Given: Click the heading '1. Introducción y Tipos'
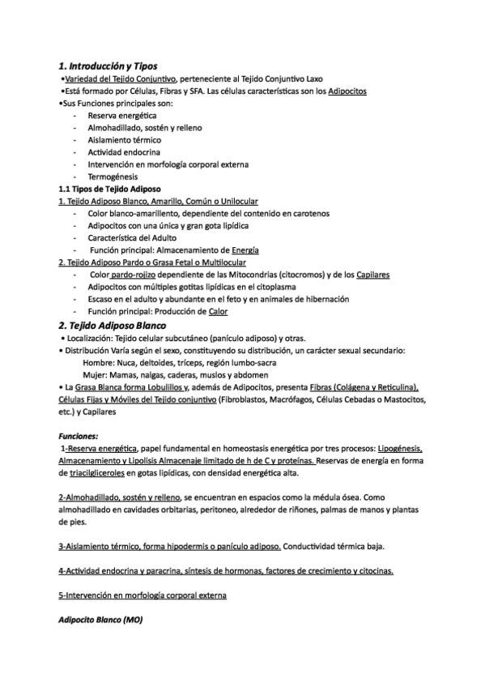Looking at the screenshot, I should (x=108, y=65).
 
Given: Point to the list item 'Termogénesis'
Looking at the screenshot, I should (x=113, y=177).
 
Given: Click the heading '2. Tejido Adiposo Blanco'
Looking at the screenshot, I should (x=111, y=325).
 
